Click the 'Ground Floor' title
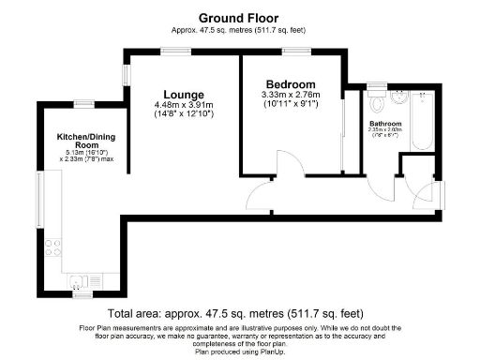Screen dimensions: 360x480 point(239,17)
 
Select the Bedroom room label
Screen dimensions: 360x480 point(290,83)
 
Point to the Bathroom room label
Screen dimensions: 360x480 point(385,124)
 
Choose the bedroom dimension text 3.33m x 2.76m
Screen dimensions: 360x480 point(290,95)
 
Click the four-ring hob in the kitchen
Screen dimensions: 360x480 point(53,247)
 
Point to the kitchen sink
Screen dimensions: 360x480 point(81,279)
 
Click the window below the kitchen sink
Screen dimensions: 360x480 point(84,295)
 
